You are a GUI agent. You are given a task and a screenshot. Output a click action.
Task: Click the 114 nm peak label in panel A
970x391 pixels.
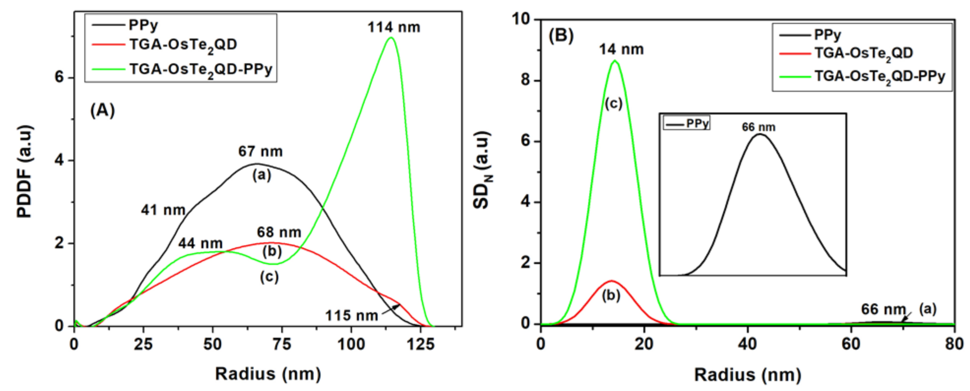click(394, 27)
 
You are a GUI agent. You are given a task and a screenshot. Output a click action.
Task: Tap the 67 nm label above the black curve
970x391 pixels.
click(260, 151)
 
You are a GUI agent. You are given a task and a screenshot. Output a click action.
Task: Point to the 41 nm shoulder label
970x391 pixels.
click(163, 210)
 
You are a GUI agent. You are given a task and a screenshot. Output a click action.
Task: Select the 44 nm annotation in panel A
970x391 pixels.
click(200, 243)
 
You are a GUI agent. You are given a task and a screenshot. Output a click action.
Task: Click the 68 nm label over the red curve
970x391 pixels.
click(279, 232)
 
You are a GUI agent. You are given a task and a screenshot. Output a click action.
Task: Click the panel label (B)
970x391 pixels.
click(561, 36)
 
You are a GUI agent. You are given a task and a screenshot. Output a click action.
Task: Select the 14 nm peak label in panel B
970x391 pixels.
click(621, 50)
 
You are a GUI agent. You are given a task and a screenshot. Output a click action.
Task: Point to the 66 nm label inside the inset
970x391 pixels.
click(758, 127)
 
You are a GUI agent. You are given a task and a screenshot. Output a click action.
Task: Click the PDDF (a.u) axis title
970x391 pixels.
click(25, 171)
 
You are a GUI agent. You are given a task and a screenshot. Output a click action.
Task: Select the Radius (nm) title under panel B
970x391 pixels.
click(747, 375)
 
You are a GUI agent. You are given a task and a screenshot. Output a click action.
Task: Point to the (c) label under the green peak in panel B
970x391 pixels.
click(613, 103)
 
